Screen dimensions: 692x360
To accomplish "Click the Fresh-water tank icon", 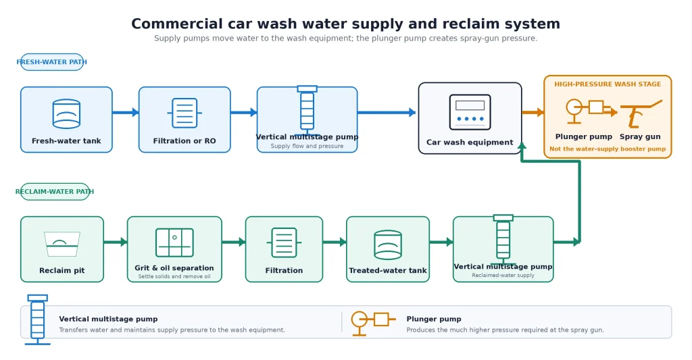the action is (66, 113).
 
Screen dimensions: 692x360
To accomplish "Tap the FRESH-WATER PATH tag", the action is (51, 62).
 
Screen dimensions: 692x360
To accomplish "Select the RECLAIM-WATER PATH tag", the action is (55, 191).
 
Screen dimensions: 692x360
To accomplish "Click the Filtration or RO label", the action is (184, 140).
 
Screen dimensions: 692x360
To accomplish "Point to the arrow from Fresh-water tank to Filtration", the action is (126, 113).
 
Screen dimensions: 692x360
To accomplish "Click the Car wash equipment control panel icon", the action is (470, 112).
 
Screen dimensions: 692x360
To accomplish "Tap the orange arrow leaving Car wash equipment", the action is (533, 113).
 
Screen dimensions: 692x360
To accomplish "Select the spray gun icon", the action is (641, 113).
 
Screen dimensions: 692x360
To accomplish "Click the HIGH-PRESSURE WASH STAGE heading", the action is (608, 84).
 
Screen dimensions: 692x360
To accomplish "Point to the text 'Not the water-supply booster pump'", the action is (608, 149).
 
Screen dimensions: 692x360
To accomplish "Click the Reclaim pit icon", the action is (62, 244).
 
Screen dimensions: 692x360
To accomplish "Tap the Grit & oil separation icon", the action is (175, 242).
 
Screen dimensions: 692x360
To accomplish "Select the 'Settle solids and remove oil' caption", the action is (174, 277).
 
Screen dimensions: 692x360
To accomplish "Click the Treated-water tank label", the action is (388, 270).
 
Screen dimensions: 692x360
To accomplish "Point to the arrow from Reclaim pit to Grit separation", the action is (116, 242).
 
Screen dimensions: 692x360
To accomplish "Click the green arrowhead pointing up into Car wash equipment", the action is (522, 146).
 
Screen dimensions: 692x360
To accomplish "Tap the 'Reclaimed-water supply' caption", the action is (503, 276).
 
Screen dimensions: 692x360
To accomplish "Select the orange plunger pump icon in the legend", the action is (373, 323).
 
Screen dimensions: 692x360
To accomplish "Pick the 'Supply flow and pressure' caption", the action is (307, 146).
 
